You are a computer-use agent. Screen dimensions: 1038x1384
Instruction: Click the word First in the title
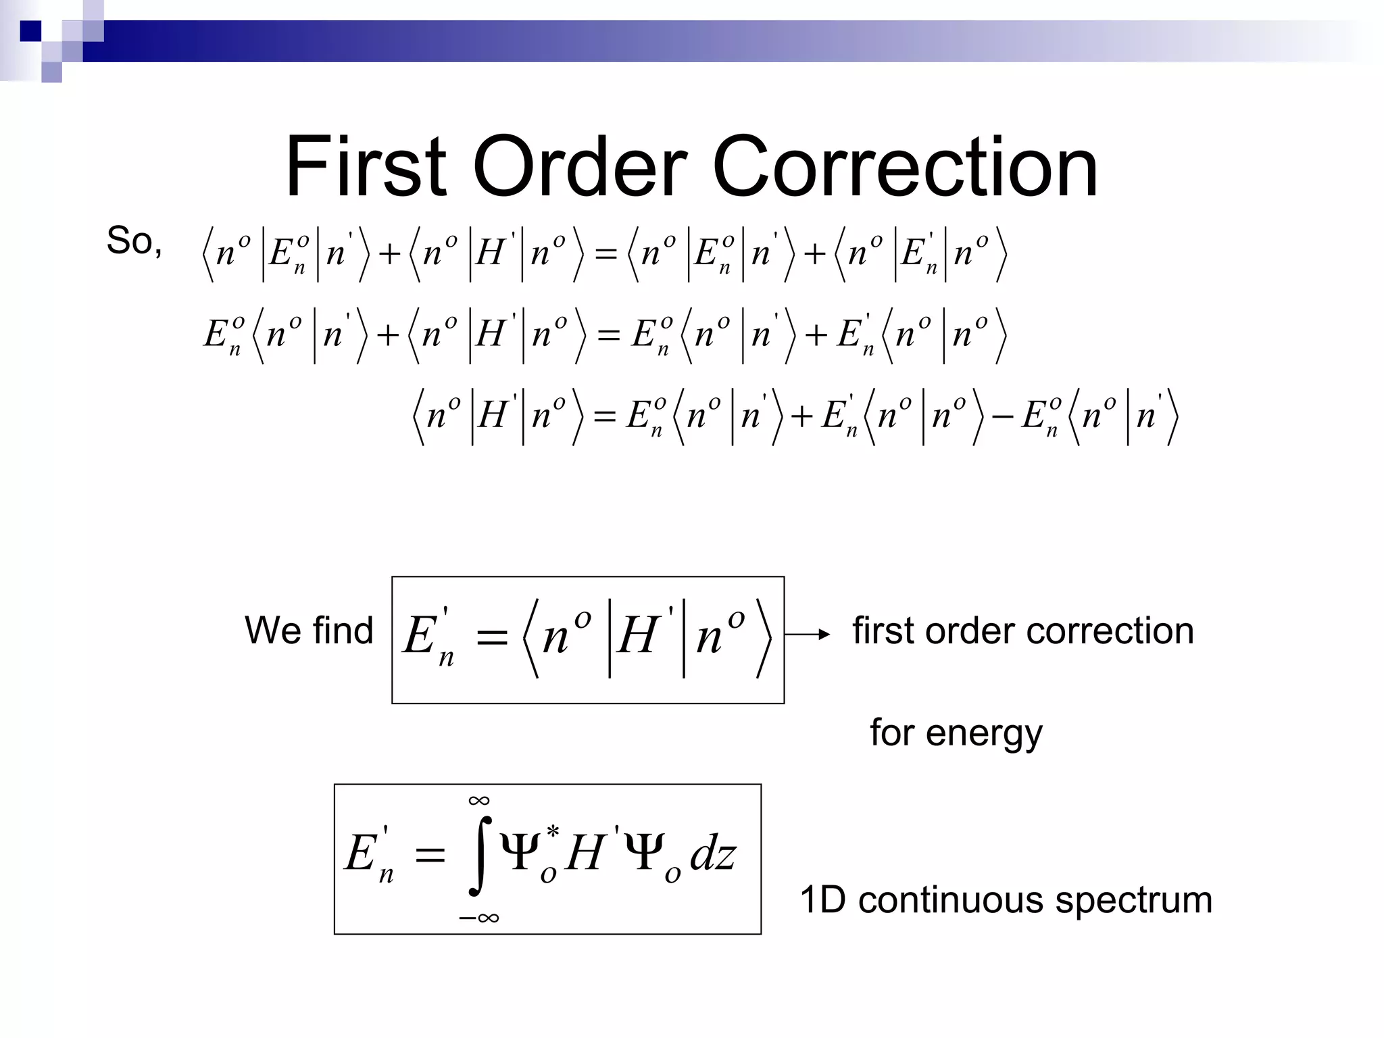tap(366, 167)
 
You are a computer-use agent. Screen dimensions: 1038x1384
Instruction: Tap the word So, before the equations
tap(134, 241)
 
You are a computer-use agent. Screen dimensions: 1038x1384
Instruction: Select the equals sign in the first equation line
tap(605, 255)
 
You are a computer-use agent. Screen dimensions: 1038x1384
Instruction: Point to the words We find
tap(309, 631)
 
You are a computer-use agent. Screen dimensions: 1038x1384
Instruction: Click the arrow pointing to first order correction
tap(808, 634)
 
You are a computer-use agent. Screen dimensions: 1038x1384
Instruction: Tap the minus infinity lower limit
tap(478, 918)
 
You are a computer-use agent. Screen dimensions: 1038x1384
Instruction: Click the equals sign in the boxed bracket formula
tap(491, 637)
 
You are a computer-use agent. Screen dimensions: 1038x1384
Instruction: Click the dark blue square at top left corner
tap(30, 31)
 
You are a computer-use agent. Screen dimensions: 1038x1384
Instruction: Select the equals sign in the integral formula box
tap(430, 856)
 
